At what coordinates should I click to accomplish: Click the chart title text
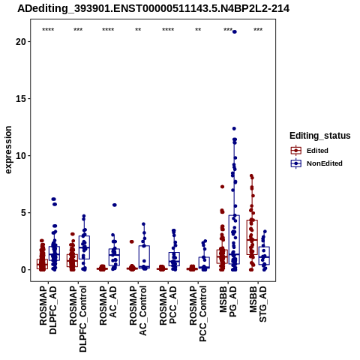coord(153,9)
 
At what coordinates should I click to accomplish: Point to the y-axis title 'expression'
coord(8,150)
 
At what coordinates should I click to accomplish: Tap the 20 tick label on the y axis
coord(21,41)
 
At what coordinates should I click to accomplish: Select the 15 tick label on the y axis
coord(21,98)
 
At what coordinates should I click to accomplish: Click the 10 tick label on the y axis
coord(21,155)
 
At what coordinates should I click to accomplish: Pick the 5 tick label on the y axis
coord(23,213)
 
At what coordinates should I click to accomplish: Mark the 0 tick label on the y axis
coord(23,270)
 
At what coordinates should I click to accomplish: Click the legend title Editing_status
coord(320,136)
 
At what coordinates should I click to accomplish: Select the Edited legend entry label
coord(317,151)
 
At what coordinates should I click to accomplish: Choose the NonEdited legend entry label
coord(325,163)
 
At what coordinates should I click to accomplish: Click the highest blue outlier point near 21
coord(234,31)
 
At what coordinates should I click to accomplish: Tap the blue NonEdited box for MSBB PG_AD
coord(234,239)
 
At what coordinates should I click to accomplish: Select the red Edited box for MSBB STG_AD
coord(252,237)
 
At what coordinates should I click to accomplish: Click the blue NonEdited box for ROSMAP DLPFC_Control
coord(84,247)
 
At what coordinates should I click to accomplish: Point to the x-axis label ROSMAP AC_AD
coord(108,305)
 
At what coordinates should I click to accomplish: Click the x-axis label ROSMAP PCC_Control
coord(198,313)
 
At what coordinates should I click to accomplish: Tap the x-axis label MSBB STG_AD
coord(258,304)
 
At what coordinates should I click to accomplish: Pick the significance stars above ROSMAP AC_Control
coord(138,30)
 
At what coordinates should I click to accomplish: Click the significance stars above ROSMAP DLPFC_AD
coord(48,30)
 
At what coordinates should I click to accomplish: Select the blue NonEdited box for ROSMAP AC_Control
coord(144,257)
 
